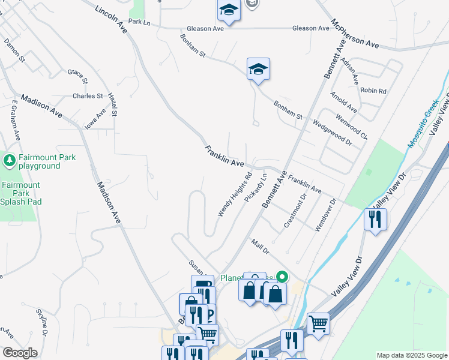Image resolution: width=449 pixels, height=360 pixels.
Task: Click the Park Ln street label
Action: (x=138, y=22)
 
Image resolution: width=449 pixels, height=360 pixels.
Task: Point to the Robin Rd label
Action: (x=373, y=91)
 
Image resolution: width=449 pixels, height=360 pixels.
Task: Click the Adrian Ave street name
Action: (x=349, y=71)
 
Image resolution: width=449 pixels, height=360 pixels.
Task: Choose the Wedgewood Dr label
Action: (x=331, y=132)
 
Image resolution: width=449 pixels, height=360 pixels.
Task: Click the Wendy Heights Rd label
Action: (x=234, y=194)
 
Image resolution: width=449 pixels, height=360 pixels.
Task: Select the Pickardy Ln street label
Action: (x=256, y=188)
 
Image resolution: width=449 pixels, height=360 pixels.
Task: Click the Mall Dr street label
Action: (x=260, y=245)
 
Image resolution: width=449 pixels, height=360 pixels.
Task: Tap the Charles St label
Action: (x=88, y=96)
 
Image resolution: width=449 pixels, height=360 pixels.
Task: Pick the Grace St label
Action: (x=77, y=76)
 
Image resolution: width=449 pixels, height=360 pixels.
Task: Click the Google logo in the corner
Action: (x=20, y=353)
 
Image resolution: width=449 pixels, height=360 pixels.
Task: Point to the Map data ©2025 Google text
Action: (x=411, y=355)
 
